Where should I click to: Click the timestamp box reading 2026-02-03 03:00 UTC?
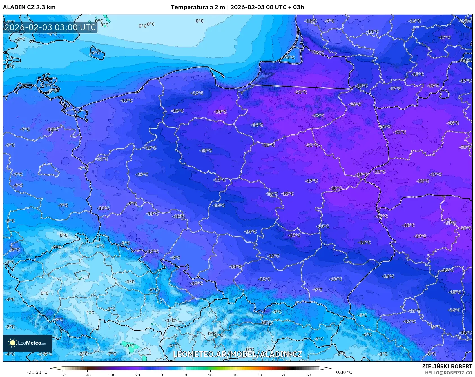click(x=50, y=27)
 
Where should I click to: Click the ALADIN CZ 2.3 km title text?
click(x=29, y=7)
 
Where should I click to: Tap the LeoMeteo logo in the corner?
click(x=28, y=343)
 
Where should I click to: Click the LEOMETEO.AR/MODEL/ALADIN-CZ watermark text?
click(x=237, y=354)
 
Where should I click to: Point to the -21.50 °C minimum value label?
click(x=37, y=372)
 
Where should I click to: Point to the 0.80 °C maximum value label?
click(x=344, y=372)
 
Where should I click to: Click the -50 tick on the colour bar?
click(x=63, y=375)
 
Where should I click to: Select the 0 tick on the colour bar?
click(x=186, y=375)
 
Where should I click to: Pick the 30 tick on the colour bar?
click(x=259, y=375)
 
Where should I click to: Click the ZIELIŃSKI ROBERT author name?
click(x=447, y=366)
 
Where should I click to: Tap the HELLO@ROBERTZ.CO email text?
click(x=448, y=373)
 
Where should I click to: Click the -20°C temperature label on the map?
click(x=220, y=112)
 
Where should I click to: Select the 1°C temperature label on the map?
click(x=90, y=312)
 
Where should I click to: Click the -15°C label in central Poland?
click(x=206, y=151)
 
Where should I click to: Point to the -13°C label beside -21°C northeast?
click(x=318, y=116)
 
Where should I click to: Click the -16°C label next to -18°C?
click(x=272, y=194)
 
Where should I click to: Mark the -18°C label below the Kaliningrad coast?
click(x=318, y=53)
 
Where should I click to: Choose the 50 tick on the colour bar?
click(x=309, y=375)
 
